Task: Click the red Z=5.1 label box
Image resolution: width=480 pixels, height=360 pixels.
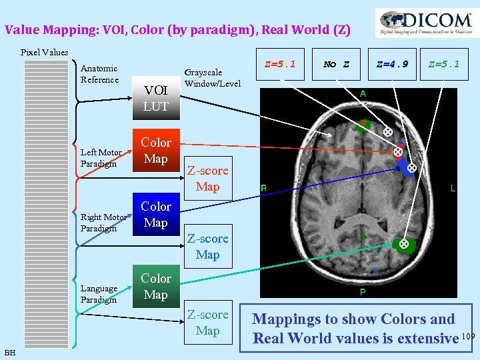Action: pos(279,65)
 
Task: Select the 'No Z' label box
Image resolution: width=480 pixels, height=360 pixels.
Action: pos(337,65)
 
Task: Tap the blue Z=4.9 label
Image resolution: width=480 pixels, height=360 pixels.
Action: pos(392,65)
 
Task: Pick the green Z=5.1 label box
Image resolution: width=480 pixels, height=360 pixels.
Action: pos(444,65)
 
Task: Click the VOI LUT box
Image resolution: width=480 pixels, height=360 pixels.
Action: pos(156,98)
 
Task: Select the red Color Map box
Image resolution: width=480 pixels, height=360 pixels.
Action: pos(156,151)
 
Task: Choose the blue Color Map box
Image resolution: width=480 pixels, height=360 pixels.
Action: pos(156,215)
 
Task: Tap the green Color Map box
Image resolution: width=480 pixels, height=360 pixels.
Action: pos(156,287)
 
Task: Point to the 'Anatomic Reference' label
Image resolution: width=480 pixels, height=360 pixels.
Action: pos(99,74)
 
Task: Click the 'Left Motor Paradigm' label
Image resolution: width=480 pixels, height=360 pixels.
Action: pos(101,158)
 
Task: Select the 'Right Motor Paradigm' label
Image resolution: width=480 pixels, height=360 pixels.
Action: pos(103,223)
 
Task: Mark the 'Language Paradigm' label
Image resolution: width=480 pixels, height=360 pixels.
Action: pos(99,294)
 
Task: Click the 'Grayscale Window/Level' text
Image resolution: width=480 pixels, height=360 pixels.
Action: pos(212,78)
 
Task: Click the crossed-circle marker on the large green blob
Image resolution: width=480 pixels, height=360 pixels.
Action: pos(403,245)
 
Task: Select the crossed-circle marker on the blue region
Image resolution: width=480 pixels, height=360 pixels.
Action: pos(411,168)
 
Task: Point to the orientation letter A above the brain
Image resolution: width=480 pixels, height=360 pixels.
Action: pos(363,94)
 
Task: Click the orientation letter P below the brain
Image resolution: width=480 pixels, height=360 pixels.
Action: pos(363,293)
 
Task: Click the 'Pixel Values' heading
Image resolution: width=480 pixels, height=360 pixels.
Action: pos(44,52)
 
